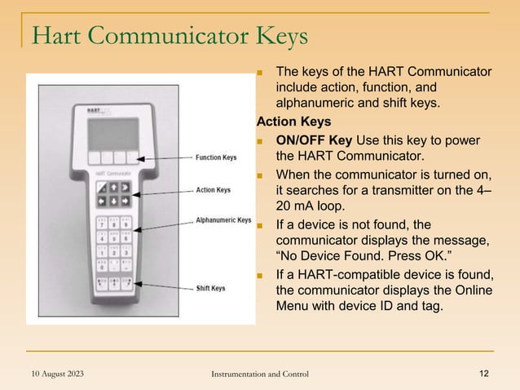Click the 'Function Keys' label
(216, 157)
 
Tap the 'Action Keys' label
(213, 190)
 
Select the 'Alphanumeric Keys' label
(223, 219)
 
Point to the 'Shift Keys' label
(211, 288)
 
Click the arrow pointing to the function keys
(164, 157)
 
